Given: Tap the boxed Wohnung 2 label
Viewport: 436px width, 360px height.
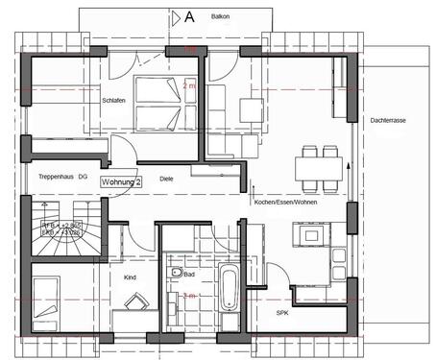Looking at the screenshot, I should tap(122, 181).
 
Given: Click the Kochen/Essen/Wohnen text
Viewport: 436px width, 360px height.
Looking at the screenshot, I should tap(285, 202).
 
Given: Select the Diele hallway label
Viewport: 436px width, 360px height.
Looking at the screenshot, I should tap(166, 179).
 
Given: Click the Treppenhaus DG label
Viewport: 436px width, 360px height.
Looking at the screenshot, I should tap(61, 178).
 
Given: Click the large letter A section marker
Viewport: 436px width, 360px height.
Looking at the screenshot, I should tap(189, 16).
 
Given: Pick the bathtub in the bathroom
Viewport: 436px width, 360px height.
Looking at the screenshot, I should tap(229, 288).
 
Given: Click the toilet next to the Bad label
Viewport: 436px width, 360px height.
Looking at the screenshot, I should tap(176, 275).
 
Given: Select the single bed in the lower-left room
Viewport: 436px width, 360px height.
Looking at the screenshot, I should tap(45, 297).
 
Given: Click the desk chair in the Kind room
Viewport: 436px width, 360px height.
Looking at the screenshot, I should tap(135, 302).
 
